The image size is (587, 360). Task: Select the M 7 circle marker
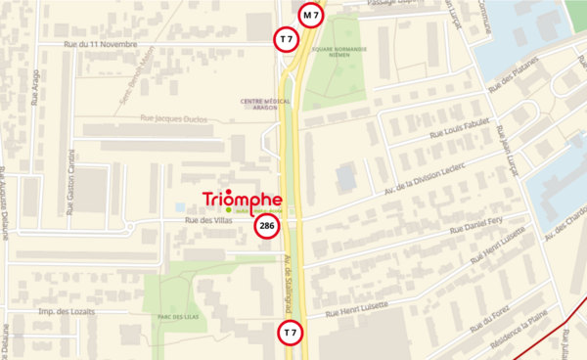311,15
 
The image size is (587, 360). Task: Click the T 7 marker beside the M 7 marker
285,39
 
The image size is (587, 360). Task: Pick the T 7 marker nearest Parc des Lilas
290,334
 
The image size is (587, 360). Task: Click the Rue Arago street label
36,87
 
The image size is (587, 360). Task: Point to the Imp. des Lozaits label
68,311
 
